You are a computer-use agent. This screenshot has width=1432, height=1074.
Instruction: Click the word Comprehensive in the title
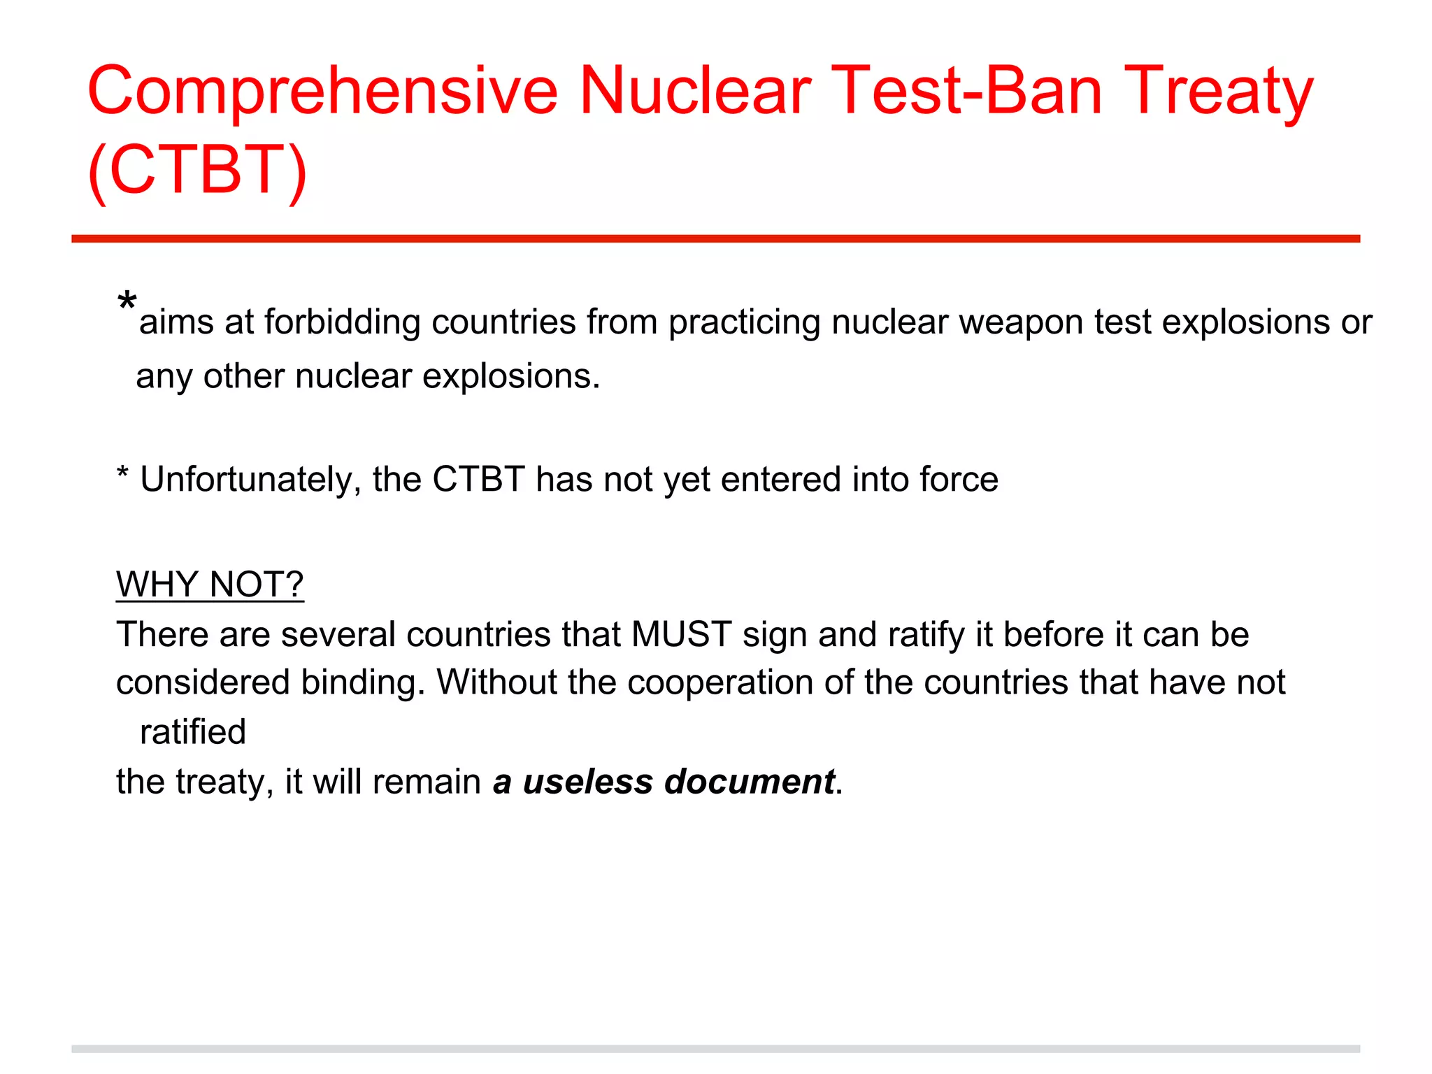point(322,91)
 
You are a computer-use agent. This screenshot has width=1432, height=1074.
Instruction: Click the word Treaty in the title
point(1220,91)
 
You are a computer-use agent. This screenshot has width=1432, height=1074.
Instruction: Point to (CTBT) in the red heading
point(197,170)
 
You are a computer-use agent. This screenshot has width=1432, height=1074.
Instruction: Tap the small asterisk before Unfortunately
point(122,475)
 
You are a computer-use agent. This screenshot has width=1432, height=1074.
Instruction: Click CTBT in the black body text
point(478,480)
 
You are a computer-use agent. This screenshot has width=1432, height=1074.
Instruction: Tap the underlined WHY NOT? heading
point(210,585)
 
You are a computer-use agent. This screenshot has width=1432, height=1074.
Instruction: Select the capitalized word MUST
point(681,635)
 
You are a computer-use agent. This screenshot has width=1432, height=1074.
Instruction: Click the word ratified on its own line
point(192,732)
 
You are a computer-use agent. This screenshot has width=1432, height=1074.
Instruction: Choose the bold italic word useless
point(587,782)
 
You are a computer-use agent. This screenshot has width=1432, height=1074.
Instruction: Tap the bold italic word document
point(750,782)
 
